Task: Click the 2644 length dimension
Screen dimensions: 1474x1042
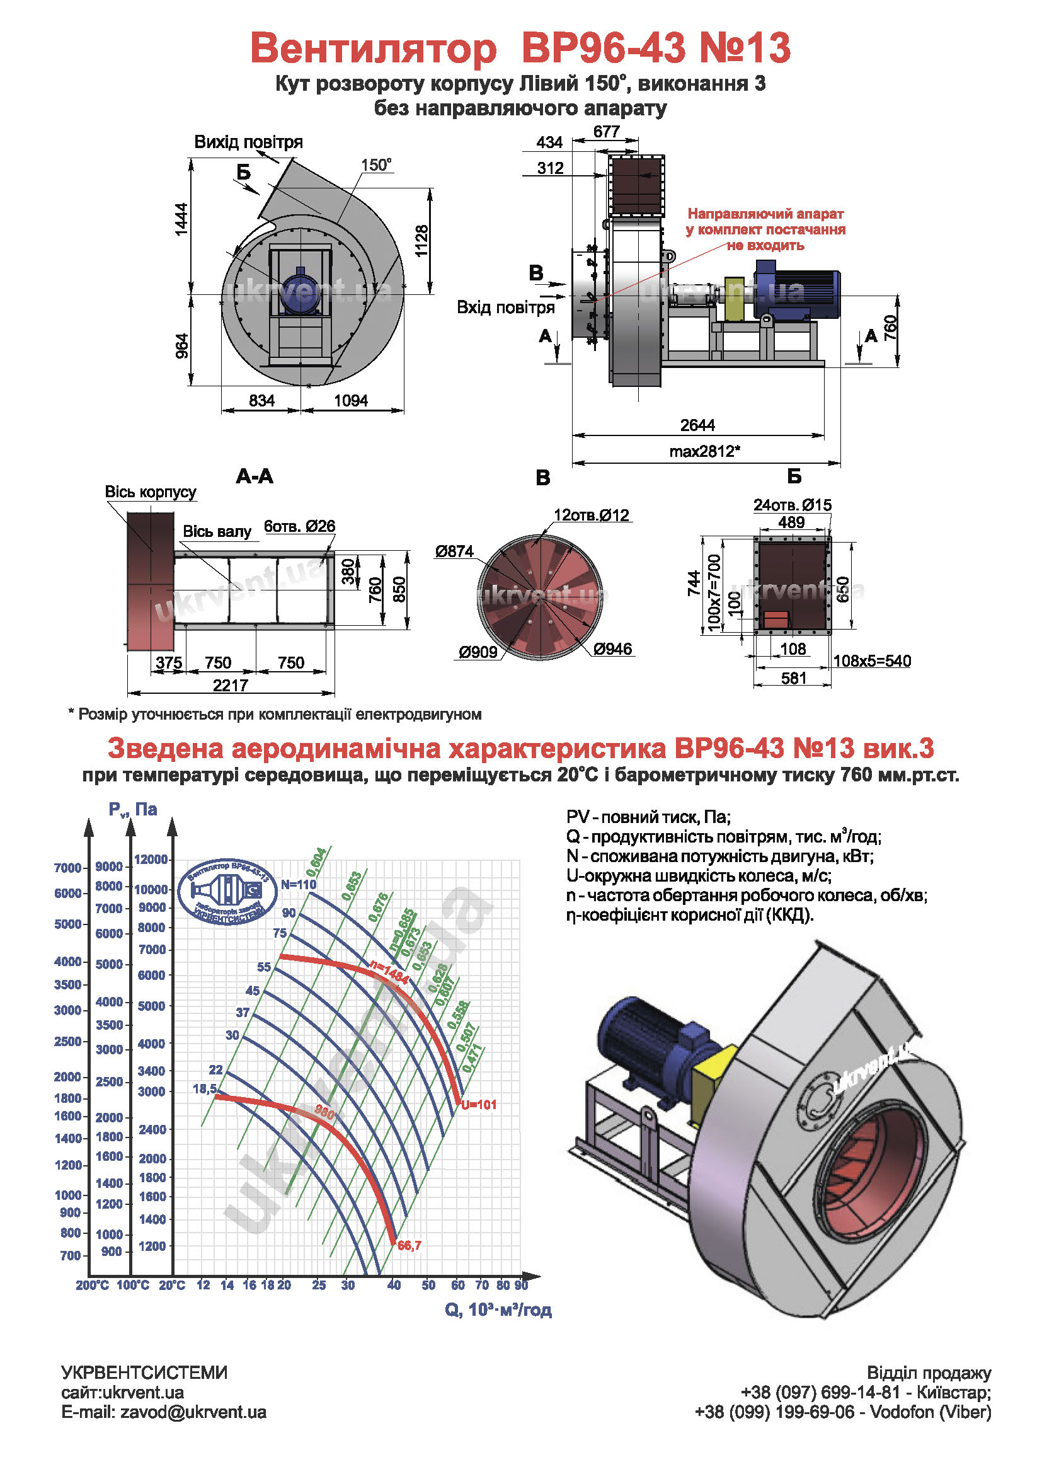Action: (x=697, y=425)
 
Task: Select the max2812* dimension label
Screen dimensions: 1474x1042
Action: (x=704, y=451)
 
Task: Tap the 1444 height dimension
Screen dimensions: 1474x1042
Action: (x=182, y=219)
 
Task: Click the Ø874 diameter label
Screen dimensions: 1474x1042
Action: (x=454, y=551)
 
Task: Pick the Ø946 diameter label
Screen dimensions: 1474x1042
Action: (x=613, y=649)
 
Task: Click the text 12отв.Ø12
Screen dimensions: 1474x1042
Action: (x=591, y=515)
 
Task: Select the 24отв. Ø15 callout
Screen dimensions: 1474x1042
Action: (x=792, y=505)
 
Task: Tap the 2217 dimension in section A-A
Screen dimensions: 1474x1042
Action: (x=231, y=685)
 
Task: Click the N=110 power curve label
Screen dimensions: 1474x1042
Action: (x=299, y=884)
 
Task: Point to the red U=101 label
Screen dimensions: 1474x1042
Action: (x=479, y=1105)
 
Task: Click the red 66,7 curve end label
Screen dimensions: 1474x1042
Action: (x=409, y=1245)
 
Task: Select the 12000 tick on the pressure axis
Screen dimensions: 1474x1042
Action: (x=151, y=860)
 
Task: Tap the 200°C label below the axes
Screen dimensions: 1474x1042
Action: (x=93, y=1285)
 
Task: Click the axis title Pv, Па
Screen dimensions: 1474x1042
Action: (x=133, y=810)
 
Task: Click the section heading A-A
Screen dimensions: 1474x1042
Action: (x=255, y=476)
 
